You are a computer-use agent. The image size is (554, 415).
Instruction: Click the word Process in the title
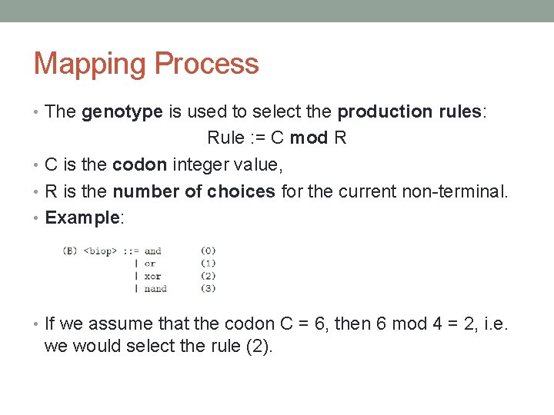[x=209, y=64]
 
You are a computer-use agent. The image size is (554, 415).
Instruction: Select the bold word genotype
[x=122, y=112]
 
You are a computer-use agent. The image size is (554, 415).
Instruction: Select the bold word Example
[x=82, y=217]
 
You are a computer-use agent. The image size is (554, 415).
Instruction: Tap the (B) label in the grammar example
[x=70, y=251]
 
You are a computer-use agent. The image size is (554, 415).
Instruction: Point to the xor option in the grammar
[x=152, y=276]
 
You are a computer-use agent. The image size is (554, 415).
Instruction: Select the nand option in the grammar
[x=155, y=288]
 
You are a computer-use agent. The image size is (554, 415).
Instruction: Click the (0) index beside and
[x=208, y=251]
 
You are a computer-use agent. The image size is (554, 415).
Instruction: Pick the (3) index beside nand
[x=208, y=288]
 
